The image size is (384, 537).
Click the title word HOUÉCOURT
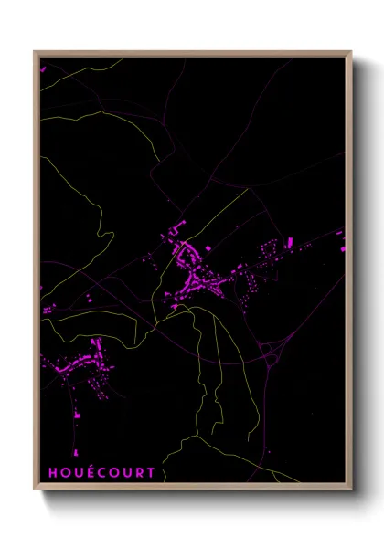pos(102,473)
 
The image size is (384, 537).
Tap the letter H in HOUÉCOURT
pos(51,473)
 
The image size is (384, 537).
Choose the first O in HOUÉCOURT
pos(64,473)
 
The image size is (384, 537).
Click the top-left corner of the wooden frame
pos(35,52)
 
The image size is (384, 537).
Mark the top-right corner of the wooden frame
pos(351,52)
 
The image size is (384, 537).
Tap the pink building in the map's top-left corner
pos(41,67)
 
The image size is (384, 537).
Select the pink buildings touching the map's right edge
pos(343,239)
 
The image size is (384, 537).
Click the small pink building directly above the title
pos(76,416)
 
